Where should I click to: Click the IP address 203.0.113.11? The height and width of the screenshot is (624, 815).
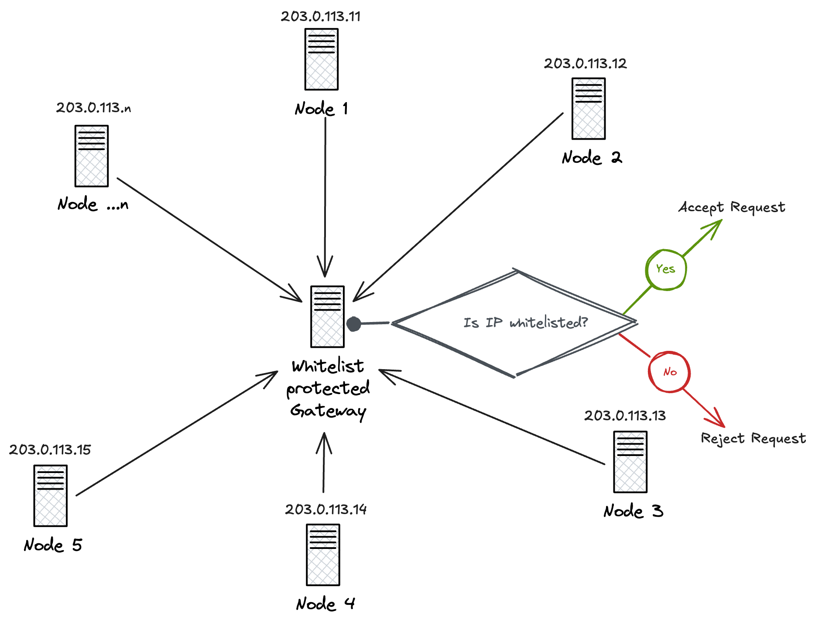coord(321,17)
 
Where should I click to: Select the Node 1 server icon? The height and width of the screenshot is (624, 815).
coord(322,59)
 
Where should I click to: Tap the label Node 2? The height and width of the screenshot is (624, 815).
coord(592,158)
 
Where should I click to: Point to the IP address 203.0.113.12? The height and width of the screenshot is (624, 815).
coord(585,64)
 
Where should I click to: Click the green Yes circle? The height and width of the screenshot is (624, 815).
coord(665,269)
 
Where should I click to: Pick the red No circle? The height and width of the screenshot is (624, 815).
coord(669,372)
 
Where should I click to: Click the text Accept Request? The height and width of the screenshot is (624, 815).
coord(732,207)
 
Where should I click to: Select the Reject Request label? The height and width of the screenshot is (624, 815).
coord(753,438)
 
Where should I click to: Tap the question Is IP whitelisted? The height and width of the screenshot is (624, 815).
coord(525,322)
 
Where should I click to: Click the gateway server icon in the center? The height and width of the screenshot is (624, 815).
coord(327,317)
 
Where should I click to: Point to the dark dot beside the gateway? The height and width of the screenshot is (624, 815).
coord(354,324)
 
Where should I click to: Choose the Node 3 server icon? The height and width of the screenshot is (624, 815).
coord(630,462)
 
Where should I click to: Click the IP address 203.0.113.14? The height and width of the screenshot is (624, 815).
coord(325,510)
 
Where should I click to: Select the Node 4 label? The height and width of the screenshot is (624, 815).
coord(325,604)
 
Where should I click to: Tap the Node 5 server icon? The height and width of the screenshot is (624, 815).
coord(51,496)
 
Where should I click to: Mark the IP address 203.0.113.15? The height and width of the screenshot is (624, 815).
coord(50,450)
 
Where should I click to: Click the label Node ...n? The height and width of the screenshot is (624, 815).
coord(93,204)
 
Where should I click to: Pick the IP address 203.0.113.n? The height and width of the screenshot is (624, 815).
coord(93,108)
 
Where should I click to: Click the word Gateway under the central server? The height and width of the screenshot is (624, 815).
coord(328,411)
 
